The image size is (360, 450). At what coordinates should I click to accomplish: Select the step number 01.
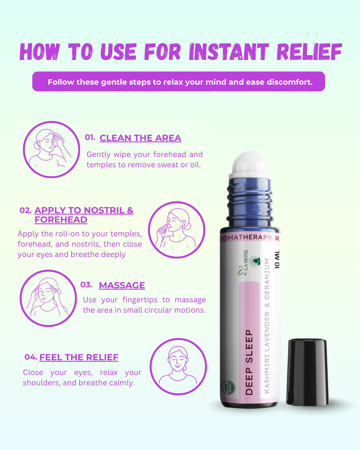click(90, 137)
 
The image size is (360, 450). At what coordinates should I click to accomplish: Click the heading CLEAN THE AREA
click(140, 138)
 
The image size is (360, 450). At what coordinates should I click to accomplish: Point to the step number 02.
click(26, 210)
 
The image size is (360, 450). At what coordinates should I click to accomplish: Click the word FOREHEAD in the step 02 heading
click(61, 220)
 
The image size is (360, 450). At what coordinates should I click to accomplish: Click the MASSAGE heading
click(122, 285)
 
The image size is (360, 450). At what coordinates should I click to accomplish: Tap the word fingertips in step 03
click(140, 300)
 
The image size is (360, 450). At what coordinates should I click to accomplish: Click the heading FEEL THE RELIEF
click(79, 357)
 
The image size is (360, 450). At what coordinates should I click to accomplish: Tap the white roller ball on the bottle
click(250, 163)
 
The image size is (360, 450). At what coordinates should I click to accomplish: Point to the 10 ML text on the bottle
click(277, 259)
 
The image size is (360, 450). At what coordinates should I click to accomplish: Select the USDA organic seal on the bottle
click(228, 387)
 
